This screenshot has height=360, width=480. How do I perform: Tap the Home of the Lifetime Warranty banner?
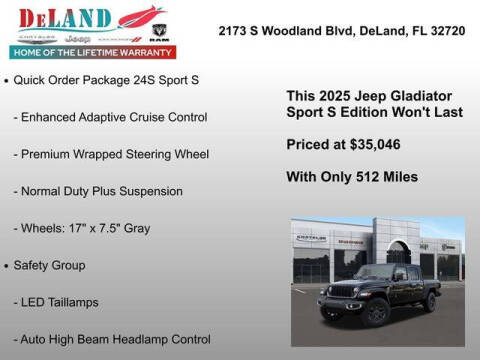click(90, 51)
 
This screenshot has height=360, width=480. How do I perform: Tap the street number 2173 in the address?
click(234, 31)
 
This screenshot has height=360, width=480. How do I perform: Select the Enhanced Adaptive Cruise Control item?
click(110, 118)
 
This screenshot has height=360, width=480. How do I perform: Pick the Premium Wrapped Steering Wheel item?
click(110, 154)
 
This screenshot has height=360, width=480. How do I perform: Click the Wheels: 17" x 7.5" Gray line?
click(81, 228)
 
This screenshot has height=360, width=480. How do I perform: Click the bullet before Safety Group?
click(7, 265)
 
